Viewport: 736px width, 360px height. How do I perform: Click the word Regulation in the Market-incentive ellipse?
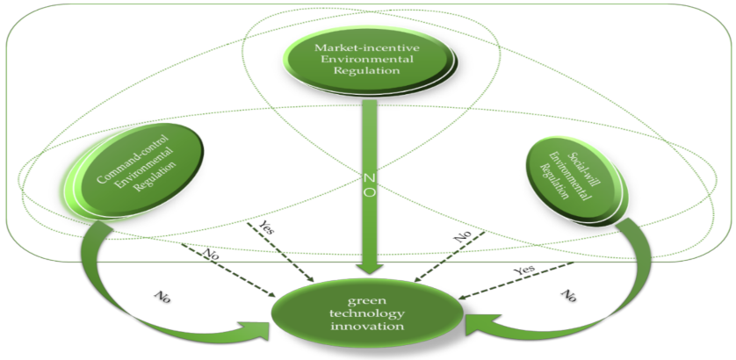click(x=368, y=73)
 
